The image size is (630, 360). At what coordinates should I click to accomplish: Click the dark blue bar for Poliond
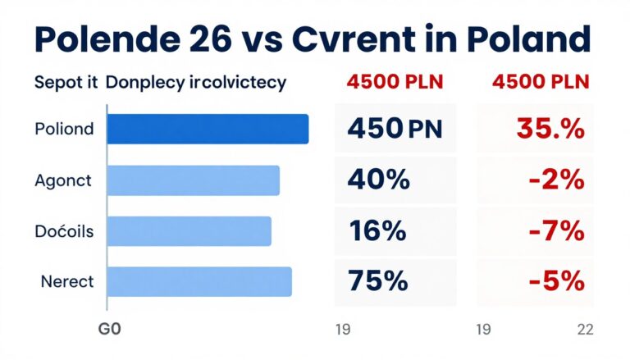[208, 129]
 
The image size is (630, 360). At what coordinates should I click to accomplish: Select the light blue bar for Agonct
[193, 180]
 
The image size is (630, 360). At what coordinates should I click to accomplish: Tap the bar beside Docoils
[189, 231]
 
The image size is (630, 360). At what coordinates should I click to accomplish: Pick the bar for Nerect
[199, 281]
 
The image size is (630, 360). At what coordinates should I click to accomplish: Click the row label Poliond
[64, 129]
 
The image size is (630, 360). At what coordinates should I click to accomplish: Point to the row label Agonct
[64, 180]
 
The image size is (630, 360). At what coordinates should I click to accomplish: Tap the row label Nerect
[66, 282]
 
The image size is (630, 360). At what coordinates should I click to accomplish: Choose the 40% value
[378, 180]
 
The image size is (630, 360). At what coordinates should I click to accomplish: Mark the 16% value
[377, 231]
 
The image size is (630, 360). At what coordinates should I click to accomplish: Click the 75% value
[377, 281]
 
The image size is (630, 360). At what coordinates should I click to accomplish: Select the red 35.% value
[550, 129]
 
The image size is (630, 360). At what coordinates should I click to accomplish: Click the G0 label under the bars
[109, 330]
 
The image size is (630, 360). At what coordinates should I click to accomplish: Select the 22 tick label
[585, 330]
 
